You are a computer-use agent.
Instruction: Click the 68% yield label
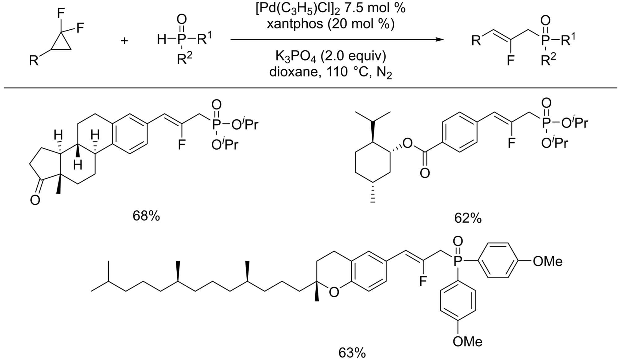click(x=146, y=216)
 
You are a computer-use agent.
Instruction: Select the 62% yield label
click(x=468, y=218)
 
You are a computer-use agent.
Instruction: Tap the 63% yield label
click(x=352, y=353)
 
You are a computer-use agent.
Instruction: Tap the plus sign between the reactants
click(x=124, y=41)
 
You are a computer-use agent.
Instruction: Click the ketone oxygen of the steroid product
click(x=35, y=200)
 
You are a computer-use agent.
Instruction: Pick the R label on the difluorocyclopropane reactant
click(x=33, y=61)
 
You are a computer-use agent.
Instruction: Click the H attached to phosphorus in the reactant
click(x=162, y=40)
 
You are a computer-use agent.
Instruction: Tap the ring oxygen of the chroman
click(x=334, y=292)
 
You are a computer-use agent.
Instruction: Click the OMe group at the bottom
click(x=467, y=341)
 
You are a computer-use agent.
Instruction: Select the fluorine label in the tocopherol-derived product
click(x=423, y=281)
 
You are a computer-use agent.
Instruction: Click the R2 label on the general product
click(x=548, y=59)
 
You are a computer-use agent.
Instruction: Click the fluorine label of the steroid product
click(x=181, y=144)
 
